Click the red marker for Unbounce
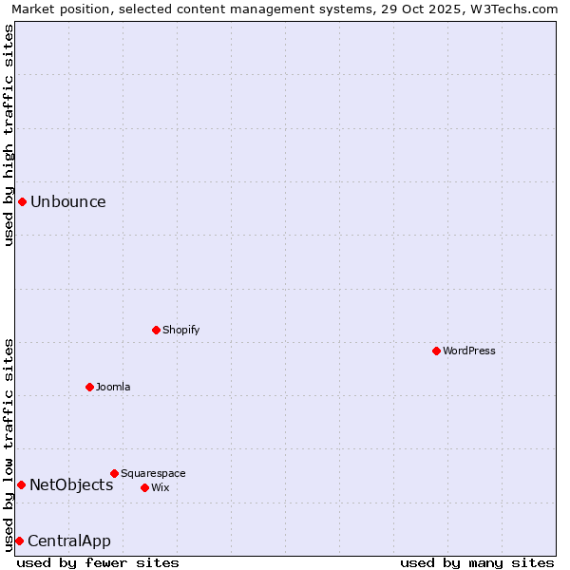pyautogui.click(x=22, y=201)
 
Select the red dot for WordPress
pyautogui.click(x=436, y=351)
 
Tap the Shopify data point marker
pyautogui.click(x=156, y=330)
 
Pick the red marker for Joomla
pyautogui.click(x=89, y=387)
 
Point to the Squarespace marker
pyautogui.click(x=114, y=473)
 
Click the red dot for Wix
pyautogui.click(x=144, y=487)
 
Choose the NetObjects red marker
pyautogui.click(x=21, y=484)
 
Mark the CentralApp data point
pyautogui.click(x=19, y=541)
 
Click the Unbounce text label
pyautogui.click(x=68, y=201)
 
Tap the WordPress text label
pyautogui.click(x=469, y=351)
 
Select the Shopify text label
pyautogui.click(x=180, y=330)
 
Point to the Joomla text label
pyautogui.click(x=113, y=387)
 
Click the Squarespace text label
pyautogui.click(x=153, y=473)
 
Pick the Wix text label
pyautogui.click(x=160, y=487)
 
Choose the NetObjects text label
pyautogui.click(x=71, y=484)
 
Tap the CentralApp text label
pyautogui.click(x=69, y=541)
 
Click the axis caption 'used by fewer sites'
pyautogui.click(x=98, y=562)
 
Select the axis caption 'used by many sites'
pyautogui.click(x=477, y=562)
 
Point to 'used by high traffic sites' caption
pyautogui.click(x=9, y=135)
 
